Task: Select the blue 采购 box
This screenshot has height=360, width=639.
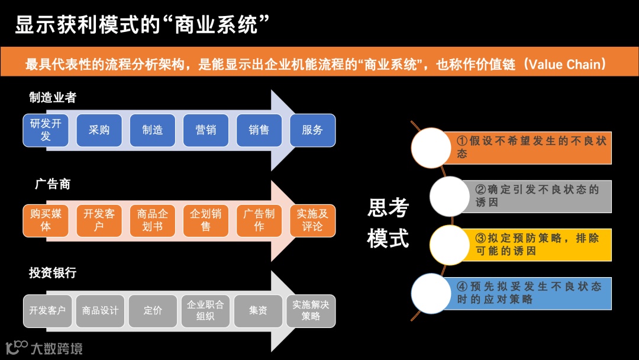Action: (99, 130)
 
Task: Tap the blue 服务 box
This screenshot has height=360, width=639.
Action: (312, 130)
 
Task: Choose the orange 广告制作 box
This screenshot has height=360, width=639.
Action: (259, 220)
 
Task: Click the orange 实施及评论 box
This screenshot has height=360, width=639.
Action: (312, 220)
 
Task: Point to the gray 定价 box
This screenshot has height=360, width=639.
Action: (153, 311)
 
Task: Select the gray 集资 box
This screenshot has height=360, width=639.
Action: (258, 311)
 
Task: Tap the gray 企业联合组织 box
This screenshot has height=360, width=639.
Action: (205, 311)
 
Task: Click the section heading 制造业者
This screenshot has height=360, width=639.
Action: (53, 98)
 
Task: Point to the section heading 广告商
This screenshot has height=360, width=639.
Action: (53, 184)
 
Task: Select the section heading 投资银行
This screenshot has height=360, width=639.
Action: (53, 273)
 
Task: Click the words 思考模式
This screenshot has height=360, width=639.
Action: (388, 223)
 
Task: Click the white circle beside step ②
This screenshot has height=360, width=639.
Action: (449, 196)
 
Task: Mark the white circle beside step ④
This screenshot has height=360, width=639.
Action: (431, 293)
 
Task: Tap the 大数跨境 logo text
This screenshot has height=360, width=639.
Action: (56, 348)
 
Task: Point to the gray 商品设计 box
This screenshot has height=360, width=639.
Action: (100, 311)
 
